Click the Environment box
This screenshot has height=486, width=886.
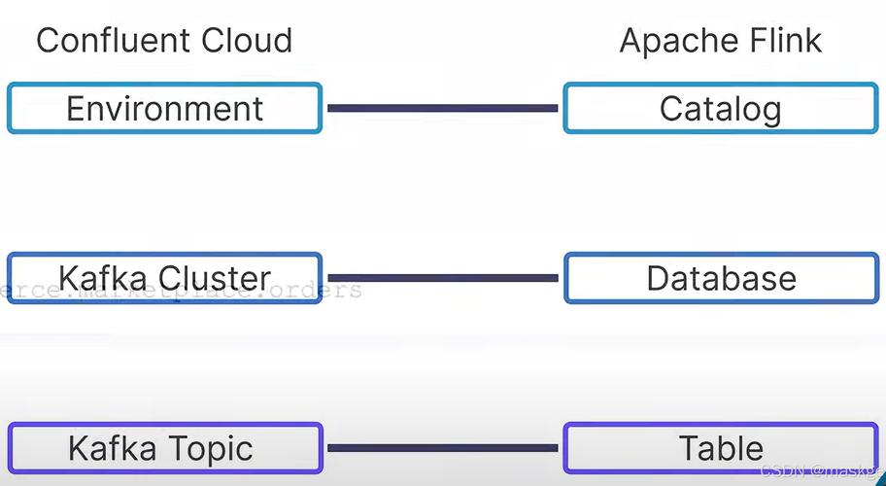tap(164, 108)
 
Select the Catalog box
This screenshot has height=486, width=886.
tap(720, 108)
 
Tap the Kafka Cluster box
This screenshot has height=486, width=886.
tap(164, 278)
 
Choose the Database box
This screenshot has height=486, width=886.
tap(720, 278)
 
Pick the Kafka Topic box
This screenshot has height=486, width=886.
tap(164, 448)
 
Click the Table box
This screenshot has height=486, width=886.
tap(720, 448)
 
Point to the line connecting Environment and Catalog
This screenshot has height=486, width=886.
tap(442, 108)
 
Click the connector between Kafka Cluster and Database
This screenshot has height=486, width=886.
tap(442, 278)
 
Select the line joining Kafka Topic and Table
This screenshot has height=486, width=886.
tap(442, 448)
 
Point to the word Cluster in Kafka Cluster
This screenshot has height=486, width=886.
tap(215, 278)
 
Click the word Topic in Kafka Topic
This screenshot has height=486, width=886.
tap(208, 449)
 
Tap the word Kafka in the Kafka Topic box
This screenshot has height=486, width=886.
tap(107, 449)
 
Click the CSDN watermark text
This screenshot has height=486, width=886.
tap(783, 471)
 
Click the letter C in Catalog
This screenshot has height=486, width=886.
tap(671, 108)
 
